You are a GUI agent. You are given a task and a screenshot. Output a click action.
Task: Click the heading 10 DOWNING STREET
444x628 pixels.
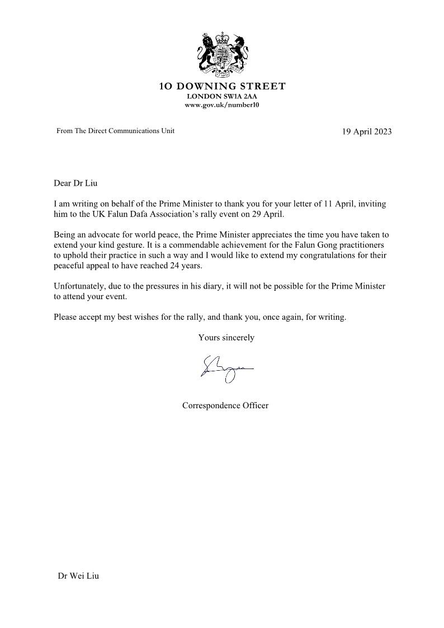[222, 87]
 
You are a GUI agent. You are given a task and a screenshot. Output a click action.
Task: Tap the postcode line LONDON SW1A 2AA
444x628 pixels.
[222, 96]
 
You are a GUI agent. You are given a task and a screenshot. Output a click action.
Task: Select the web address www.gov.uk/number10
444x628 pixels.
[222, 105]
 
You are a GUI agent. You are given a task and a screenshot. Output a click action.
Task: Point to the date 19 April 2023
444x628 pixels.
[366, 132]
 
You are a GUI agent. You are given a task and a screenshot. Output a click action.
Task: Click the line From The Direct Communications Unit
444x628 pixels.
[116, 131]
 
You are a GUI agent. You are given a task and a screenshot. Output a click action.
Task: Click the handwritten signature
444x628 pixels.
[226, 369]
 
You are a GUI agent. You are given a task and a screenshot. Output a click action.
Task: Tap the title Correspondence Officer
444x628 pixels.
[225, 405]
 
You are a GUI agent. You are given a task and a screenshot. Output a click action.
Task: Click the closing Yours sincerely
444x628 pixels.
[226, 337]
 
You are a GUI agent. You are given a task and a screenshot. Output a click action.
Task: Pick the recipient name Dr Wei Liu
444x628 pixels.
[78, 576]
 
